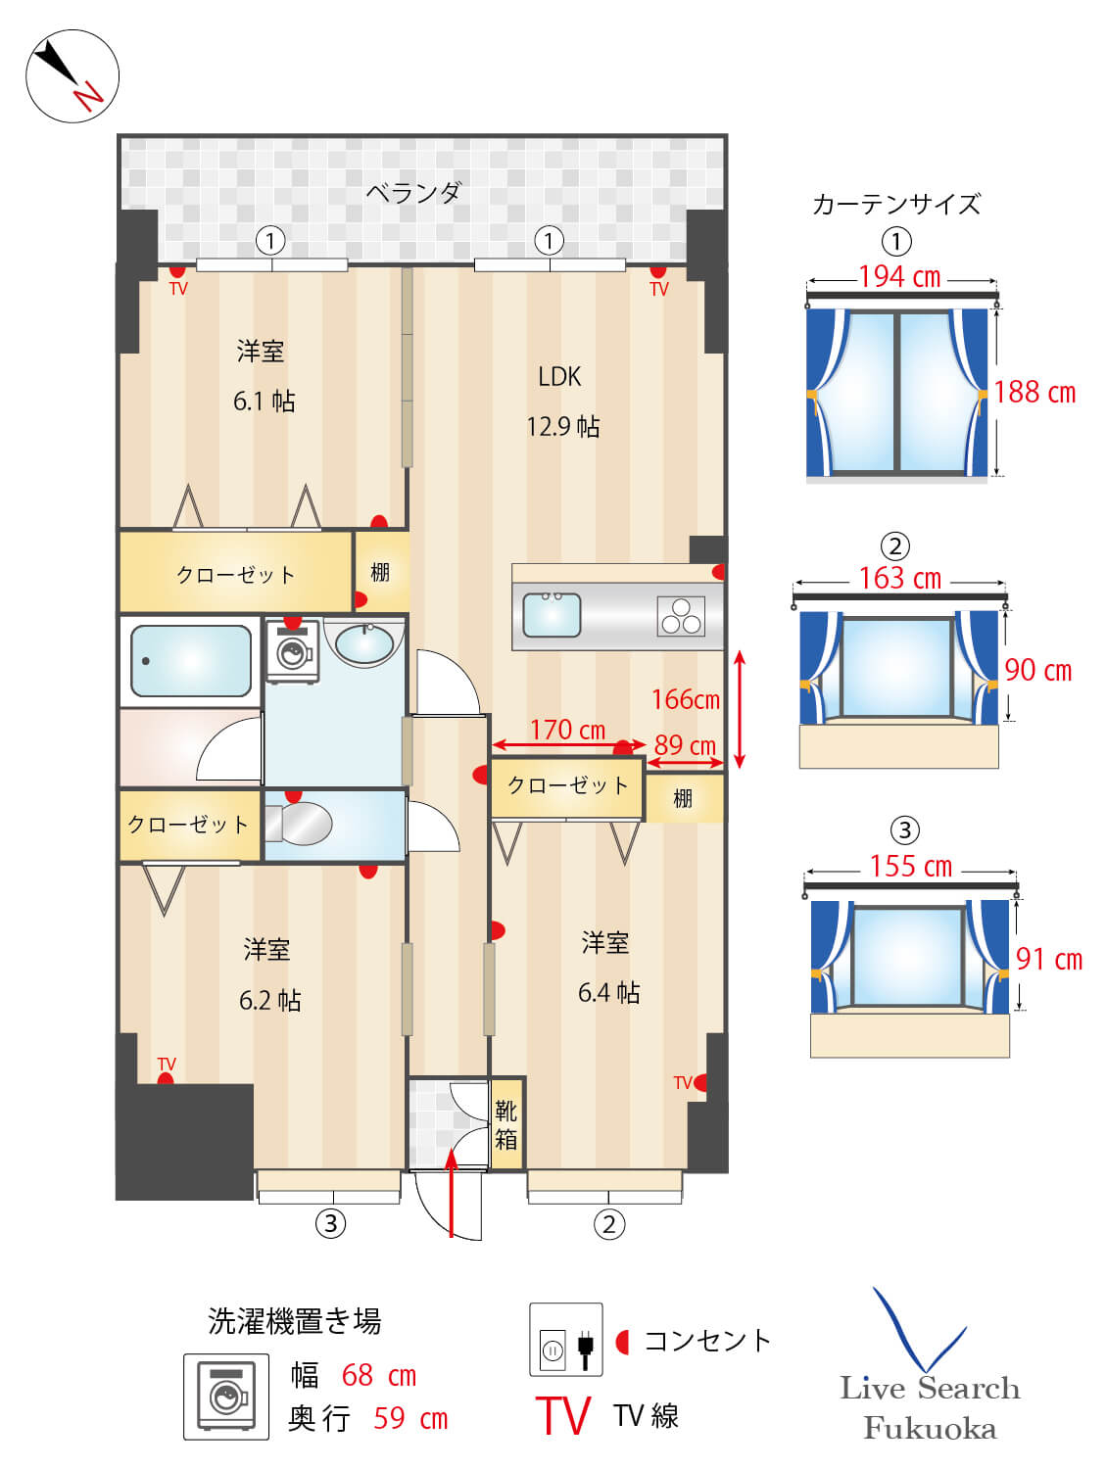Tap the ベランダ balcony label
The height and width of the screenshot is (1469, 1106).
pyautogui.click(x=413, y=193)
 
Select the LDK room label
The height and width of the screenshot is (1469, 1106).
pyautogui.click(x=559, y=377)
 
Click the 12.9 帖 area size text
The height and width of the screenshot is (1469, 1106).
pyautogui.click(x=563, y=426)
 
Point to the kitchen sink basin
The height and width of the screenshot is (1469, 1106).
pyautogui.click(x=551, y=614)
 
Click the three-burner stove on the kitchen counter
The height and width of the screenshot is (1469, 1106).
pyautogui.click(x=681, y=615)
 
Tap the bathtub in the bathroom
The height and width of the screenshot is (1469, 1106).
pyautogui.click(x=191, y=660)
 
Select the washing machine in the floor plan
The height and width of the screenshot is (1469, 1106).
pyautogui.click(x=293, y=652)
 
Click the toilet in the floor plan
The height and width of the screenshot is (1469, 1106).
pyautogui.click(x=298, y=825)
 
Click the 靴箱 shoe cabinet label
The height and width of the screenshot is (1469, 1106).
pyautogui.click(x=506, y=1125)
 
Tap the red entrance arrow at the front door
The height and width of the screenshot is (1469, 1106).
pyautogui.click(x=452, y=1192)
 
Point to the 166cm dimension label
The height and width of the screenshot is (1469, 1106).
pyautogui.click(x=686, y=700)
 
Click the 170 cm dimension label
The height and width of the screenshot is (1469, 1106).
pyautogui.click(x=568, y=730)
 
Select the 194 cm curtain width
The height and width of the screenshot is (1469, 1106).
pyautogui.click(x=900, y=276)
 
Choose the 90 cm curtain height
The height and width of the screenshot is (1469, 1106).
pyautogui.click(x=1038, y=670)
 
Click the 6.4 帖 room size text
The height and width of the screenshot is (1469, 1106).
pyautogui.click(x=608, y=992)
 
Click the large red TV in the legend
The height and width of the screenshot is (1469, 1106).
pyautogui.click(x=563, y=1415)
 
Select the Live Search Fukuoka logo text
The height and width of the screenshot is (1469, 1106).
pyautogui.click(x=930, y=1412)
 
